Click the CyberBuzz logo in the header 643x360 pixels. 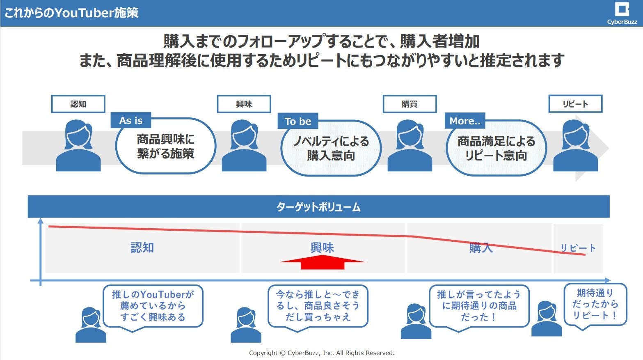(622, 13)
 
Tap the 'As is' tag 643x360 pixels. (131, 121)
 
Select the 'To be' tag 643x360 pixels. (298, 122)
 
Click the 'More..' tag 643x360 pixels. (465, 121)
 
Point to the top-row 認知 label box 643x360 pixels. (78, 104)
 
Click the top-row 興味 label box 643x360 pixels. (244, 104)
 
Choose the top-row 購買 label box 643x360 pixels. (410, 104)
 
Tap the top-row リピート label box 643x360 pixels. (575, 104)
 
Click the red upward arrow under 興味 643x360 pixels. (323, 262)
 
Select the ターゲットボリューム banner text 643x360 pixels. (318, 207)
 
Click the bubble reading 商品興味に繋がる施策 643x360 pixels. (165, 147)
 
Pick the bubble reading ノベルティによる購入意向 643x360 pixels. (331, 149)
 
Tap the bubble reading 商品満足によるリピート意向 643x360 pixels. (496, 149)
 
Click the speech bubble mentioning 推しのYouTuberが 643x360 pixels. (153, 306)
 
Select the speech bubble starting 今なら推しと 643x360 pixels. (318, 306)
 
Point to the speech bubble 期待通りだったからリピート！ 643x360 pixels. (595, 304)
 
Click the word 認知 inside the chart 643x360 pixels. (142, 248)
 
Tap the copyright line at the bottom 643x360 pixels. (322, 353)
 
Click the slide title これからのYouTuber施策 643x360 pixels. (71, 13)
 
